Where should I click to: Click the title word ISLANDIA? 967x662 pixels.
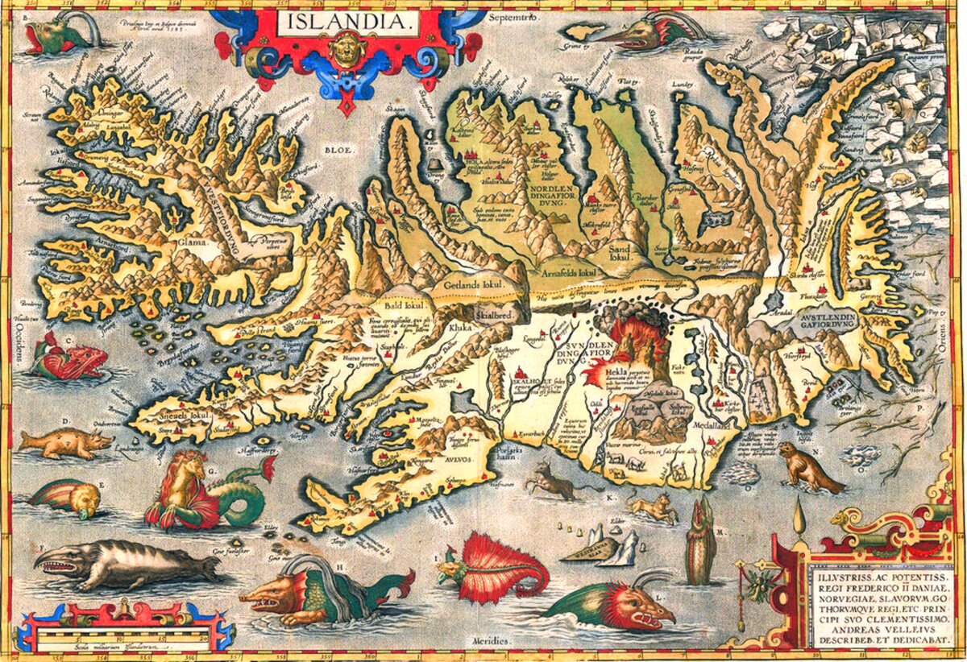[x=347, y=22]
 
